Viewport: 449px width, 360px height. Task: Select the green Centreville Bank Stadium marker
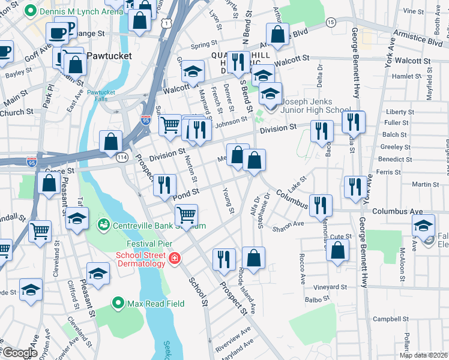coord(103,225)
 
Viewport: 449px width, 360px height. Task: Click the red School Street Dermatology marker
coord(174,259)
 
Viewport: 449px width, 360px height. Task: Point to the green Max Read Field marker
coord(118,304)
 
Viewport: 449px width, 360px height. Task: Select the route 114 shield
coord(122,157)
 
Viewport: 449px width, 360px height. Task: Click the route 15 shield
coord(330,22)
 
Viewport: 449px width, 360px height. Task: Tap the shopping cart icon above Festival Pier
coord(186,214)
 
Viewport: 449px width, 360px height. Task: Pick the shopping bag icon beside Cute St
coord(337,250)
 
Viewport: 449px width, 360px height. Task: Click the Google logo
coord(20,353)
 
